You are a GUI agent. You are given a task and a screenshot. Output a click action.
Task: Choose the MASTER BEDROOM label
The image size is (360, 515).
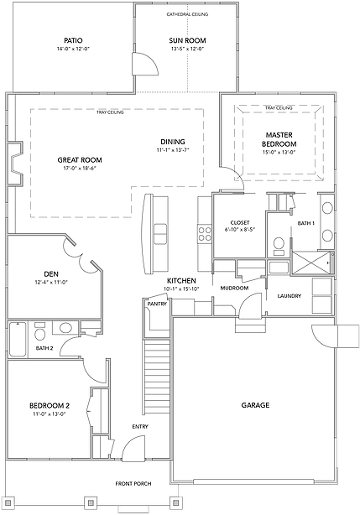click(279, 139)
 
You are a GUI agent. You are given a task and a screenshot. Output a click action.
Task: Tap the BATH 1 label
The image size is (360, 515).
click(306, 223)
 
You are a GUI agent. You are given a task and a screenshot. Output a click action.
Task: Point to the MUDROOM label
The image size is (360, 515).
click(234, 288)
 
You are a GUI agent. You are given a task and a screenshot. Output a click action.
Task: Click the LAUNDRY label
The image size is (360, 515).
click(290, 296)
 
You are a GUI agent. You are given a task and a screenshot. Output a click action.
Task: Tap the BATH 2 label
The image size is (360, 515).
click(44, 348)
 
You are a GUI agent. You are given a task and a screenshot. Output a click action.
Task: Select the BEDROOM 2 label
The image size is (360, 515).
click(50, 406)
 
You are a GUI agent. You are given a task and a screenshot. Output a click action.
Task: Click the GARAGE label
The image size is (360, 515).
click(255, 406)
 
